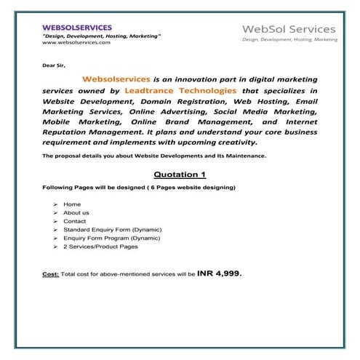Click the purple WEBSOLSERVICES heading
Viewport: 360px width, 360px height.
(x=76, y=27)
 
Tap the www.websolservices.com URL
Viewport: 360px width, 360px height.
(x=76, y=43)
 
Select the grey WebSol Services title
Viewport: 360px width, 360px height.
(x=289, y=28)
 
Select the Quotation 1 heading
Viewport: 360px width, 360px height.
(x=180, y=175)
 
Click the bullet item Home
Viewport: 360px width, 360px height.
(x=72, y=204)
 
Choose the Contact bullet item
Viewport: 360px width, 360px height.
(x=75, y=221)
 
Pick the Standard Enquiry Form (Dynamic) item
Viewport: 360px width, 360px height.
(x=112, y=230)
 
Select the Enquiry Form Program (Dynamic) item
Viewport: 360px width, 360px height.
(x=112, y=238)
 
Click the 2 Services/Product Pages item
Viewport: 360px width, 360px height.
(x=100, y=247)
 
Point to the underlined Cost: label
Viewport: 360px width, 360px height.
(x=51, y=276)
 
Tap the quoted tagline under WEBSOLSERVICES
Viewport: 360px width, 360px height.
(x=102, y=36)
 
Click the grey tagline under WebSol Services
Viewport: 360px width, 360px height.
(x=289, y=39)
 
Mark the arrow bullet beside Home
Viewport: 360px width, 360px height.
(x=55, y=204)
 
